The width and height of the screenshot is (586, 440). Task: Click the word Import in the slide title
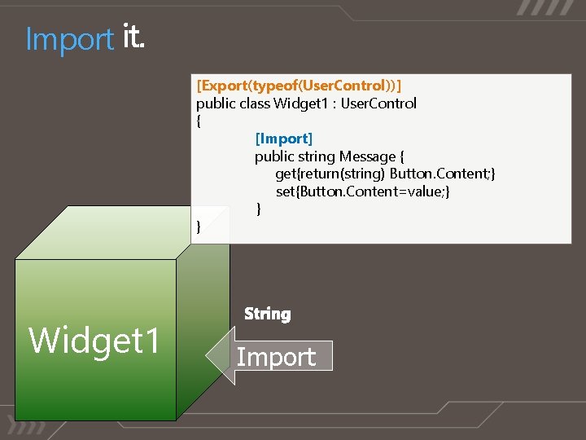coord(69,39)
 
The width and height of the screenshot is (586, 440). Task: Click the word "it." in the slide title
coord(134,37)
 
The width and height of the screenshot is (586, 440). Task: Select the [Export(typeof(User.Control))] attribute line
coord(300,86)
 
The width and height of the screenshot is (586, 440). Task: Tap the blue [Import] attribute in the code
coord(283,139)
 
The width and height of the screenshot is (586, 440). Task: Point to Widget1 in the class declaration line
coord(297,103)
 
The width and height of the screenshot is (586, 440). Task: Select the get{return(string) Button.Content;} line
coord(385,174)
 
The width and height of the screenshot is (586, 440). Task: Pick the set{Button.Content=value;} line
coord(362,191)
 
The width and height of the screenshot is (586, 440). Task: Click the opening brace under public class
coord(199,121)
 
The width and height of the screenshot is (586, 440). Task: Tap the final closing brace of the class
coord(199,227)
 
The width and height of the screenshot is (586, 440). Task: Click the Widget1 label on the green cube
coord(94,341)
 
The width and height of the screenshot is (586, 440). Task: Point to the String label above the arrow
coord(268,314)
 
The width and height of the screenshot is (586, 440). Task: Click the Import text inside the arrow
coord(276,357)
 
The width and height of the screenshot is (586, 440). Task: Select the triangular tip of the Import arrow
coord(216,356)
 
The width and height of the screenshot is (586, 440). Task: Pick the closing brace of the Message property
coord(259,209)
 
